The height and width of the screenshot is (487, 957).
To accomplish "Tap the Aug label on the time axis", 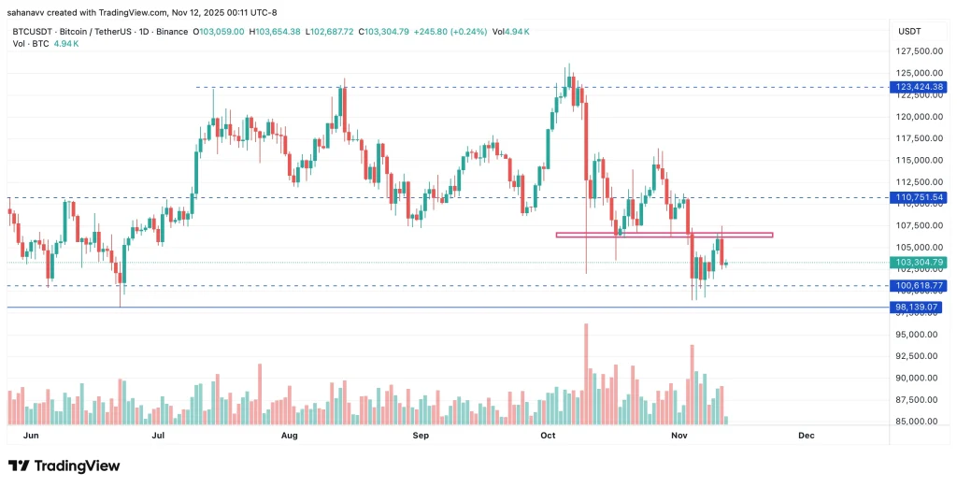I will [289, 436].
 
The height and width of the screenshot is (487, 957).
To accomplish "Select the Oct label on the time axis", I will [549, 436].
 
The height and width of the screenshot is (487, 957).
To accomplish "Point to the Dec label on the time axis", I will [807, 436].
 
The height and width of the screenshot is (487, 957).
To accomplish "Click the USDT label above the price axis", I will [909, 31].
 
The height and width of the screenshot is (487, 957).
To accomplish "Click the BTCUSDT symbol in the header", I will [33, 32].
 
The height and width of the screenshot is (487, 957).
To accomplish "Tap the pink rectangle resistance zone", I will [664, 235].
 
